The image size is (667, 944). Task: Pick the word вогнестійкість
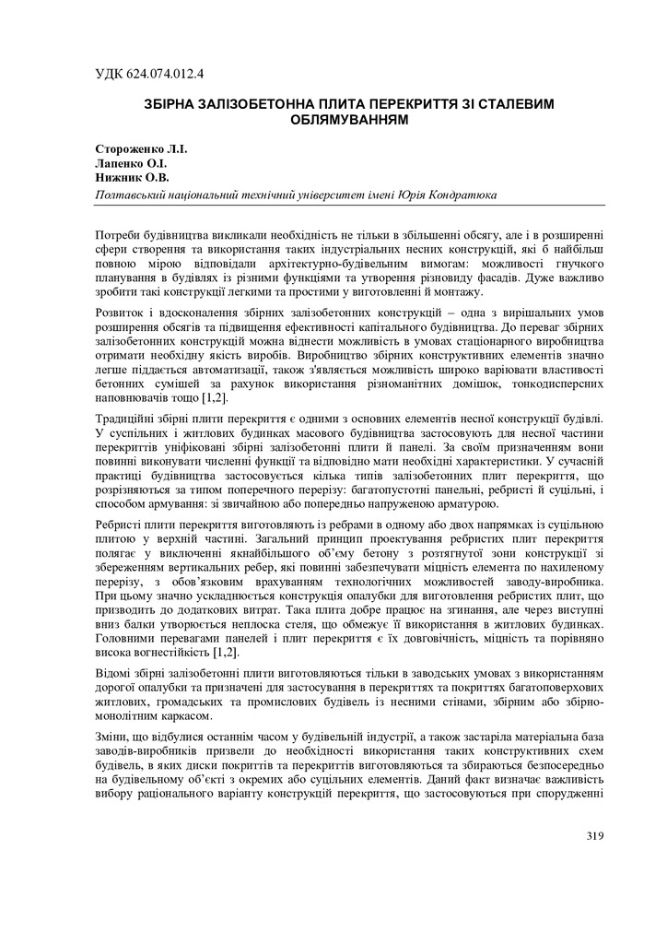pos(170,652)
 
